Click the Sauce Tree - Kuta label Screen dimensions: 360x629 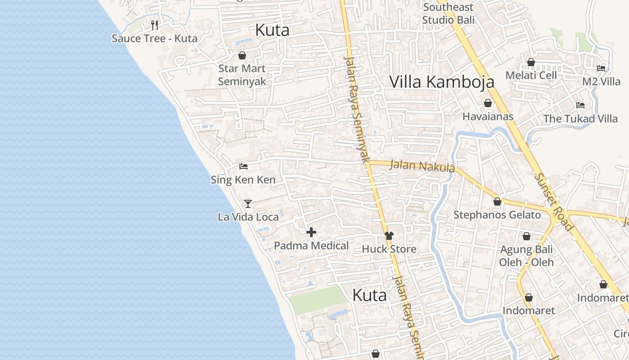(154, 38)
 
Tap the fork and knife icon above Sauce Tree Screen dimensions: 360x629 (154, 25)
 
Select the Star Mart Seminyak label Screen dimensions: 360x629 (242, 75)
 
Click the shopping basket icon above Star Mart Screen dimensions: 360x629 (242, 55)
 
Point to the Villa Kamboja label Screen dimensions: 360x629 (442, 81)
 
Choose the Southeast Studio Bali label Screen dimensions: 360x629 (448, 13)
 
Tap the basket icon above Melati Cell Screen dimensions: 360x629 (531, 62)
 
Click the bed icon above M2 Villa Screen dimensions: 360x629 (601, 68)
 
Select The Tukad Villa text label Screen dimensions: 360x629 (580, 119)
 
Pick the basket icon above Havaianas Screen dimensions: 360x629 (488, 103)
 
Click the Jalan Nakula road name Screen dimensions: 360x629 (422, 166)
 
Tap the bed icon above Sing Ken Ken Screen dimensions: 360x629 (244, 166)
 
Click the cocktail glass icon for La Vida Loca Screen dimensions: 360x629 (248, 203)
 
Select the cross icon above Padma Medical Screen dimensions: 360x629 (311, 232)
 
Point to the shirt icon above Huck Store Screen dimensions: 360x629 (389, 235)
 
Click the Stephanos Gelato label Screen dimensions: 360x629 (497, 215)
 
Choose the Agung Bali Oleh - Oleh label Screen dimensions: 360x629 (527, 256)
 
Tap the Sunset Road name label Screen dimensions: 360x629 (553, 202)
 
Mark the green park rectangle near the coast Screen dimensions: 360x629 (317, 299)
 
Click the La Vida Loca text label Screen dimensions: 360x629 (248, 217)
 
